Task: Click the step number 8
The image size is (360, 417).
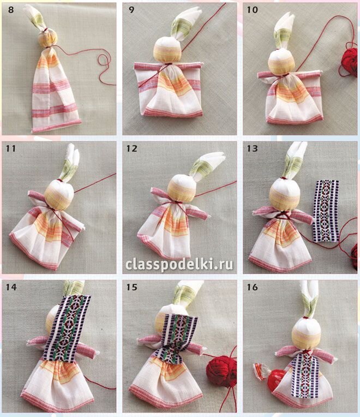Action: click(x=10, y=10)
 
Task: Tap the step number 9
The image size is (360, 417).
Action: click(x=131, y=10)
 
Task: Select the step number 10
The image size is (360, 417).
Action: click(x=252, y=10)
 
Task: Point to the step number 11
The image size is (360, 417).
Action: click(x=10, y=148)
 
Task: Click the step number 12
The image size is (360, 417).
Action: click(x=132, y=148)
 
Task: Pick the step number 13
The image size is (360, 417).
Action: click(x=252, y=148)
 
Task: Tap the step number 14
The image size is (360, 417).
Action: click(x=11, y=287)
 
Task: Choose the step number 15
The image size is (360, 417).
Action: click(x=132, y=287)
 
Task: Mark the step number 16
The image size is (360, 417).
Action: click(x=252, y=287)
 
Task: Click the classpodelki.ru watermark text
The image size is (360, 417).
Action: click(x=179, y=265)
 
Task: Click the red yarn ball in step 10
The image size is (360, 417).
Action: click(x=349, y=61)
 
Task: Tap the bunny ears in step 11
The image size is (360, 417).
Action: click(x=70, y=163)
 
